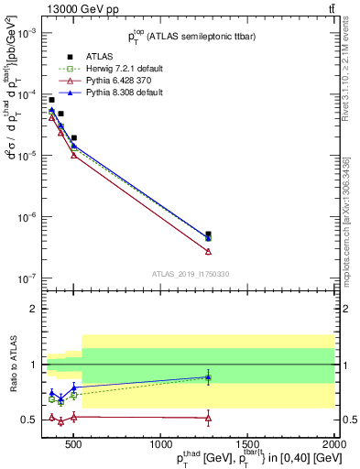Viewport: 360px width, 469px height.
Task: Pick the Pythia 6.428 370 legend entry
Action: click(x=103, y=81)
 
